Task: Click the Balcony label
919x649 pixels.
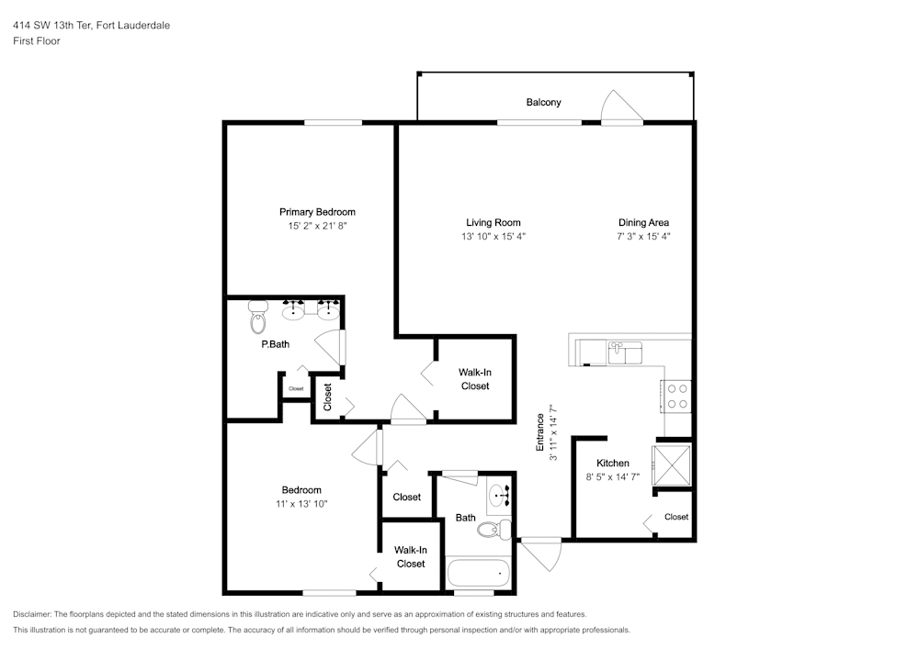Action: click(543, 103)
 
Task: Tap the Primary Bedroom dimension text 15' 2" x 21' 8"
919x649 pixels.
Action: click(317, 226)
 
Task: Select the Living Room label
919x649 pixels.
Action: click(493, 222)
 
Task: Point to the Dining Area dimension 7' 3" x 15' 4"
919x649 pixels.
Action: click(643, 237)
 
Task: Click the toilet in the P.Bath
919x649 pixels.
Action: click(258, 317)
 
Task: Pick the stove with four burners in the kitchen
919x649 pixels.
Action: click(677, 397)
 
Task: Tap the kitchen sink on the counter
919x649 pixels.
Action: click(625, 352)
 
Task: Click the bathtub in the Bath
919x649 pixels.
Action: click(478, 573)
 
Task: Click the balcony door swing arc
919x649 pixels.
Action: click(622, 106)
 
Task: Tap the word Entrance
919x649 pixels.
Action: click(539, 432)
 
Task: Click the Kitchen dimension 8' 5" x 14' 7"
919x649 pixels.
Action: click(612, 477)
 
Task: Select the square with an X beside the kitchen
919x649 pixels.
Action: click(672, 464)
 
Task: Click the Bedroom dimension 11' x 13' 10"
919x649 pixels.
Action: click(301, 504)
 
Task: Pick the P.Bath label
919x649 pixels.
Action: click(276, 344)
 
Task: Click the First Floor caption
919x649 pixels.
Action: click(37, 41)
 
